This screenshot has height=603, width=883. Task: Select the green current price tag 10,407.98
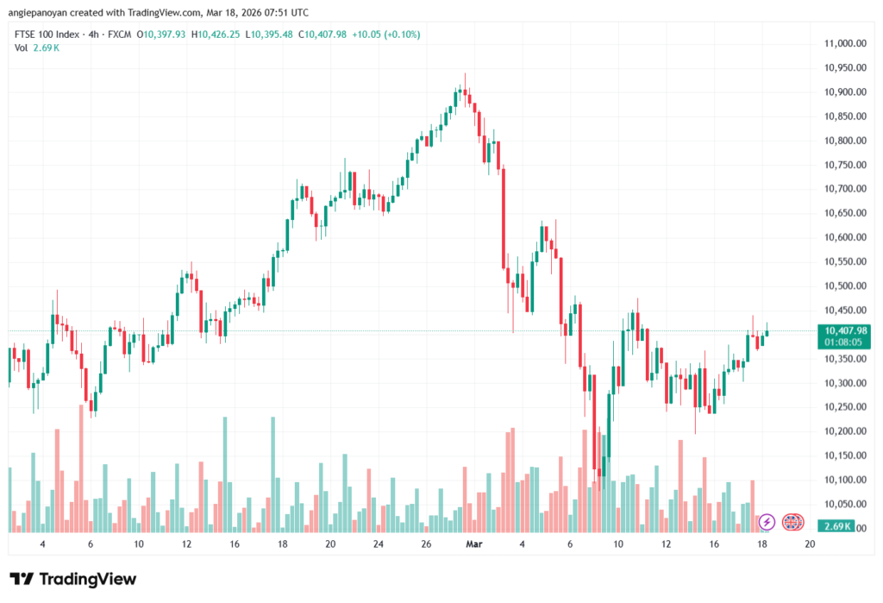845,330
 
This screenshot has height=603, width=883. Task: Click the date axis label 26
426,545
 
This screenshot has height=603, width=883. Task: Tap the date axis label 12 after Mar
666,545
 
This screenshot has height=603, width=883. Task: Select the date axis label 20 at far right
810,545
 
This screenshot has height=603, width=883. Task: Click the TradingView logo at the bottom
73,579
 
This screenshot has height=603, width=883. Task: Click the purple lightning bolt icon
766,522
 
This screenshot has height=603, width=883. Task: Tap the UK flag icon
792,522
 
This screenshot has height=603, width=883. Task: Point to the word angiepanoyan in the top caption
39,13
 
